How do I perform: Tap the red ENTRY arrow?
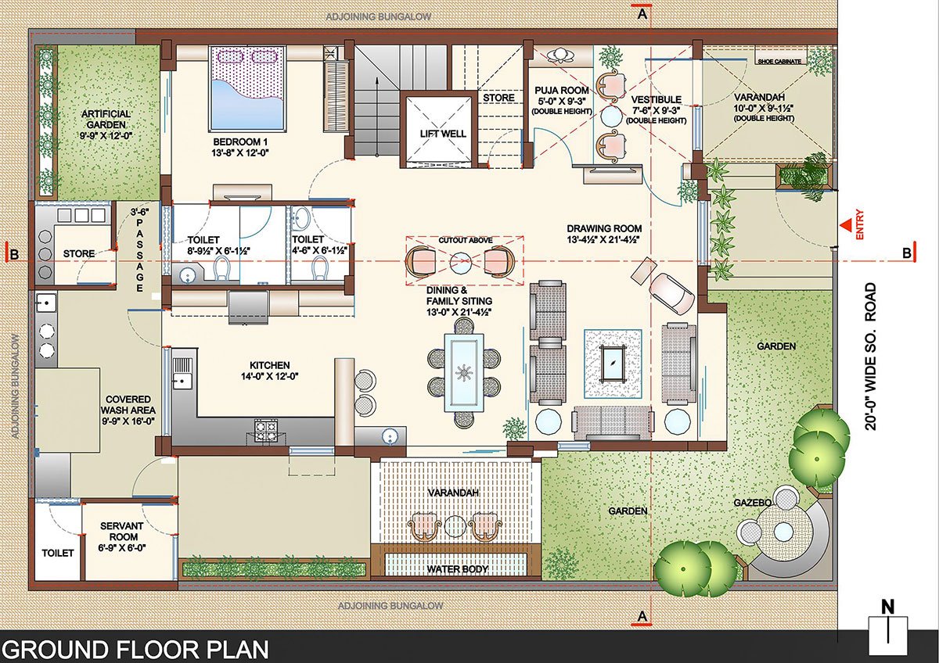pyautogui.click(x=847, y=226)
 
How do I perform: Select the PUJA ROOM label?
pyautogui.click(x=557, y=91)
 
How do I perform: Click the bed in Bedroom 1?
pyautogui.click(x=257, y=87)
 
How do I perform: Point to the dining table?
pyautogui.click(x=465, y=373)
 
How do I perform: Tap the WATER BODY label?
pyautogui.click(x=457, y=568)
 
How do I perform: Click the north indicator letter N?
pyautogui.click(x=887, y=606)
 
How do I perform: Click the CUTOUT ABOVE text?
pyautogui.click(x=464, y=240)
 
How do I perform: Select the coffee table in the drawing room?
pyautogui.click(x=613, y=362)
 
